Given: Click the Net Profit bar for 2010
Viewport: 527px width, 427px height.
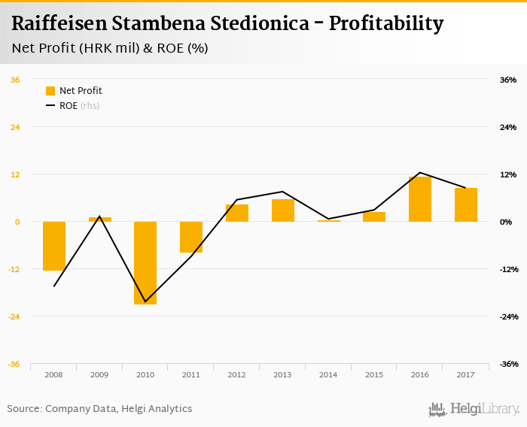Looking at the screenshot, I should click(145, 262).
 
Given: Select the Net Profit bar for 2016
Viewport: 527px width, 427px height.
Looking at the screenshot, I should click(420, 199).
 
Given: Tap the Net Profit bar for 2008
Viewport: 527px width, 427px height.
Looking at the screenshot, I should click(54, 246).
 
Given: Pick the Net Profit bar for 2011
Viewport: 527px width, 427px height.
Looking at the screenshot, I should click(191, 237).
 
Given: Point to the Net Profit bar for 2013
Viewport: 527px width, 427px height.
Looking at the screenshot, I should click(283, 210).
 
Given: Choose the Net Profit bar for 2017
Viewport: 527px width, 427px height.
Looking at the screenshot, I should click(466, 204).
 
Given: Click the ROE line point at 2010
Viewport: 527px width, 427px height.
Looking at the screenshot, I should click(145, 302).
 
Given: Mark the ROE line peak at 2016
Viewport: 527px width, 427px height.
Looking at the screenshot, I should click(420, 173).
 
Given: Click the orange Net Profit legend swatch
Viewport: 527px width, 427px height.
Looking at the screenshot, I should click(50, 91).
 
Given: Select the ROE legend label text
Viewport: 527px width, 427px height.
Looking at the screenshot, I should click(69, 106).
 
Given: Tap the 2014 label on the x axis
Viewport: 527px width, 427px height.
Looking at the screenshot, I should click(328, 374).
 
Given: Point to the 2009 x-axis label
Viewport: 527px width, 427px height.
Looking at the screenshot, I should click(99, 374).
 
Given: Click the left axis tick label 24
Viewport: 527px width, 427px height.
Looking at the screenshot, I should click(15, 127).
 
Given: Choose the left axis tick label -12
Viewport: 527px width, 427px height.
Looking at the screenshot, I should click(14, 269).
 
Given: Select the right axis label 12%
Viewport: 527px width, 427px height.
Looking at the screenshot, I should click(507, 174).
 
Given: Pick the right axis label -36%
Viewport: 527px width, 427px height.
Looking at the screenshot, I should click(507, 364).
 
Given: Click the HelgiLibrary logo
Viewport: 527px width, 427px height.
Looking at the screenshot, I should click(474, 409).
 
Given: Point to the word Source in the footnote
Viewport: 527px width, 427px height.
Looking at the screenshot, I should click(23, 409).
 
